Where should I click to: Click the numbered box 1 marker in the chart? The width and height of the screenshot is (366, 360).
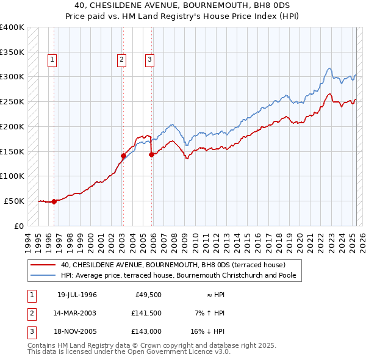click(x=53, y=59)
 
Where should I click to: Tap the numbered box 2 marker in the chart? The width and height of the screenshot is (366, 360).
click(x=122, y=59)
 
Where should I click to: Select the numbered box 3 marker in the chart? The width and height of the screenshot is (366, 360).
click(x=149, y=59)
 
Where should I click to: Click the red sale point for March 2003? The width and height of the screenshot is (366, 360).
click(x=123, y=156)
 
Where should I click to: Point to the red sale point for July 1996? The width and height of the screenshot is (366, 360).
click(x=54, y=201)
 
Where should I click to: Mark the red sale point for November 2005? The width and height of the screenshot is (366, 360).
click(x=151, y=154)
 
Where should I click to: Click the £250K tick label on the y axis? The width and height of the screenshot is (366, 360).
click(x=12, y=101)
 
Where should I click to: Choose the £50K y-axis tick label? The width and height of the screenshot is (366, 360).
click(x=15, y=201)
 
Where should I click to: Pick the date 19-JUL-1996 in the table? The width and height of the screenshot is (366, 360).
click(x=77, y=295)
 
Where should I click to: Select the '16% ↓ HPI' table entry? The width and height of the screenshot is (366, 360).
click(x=206, y=331)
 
